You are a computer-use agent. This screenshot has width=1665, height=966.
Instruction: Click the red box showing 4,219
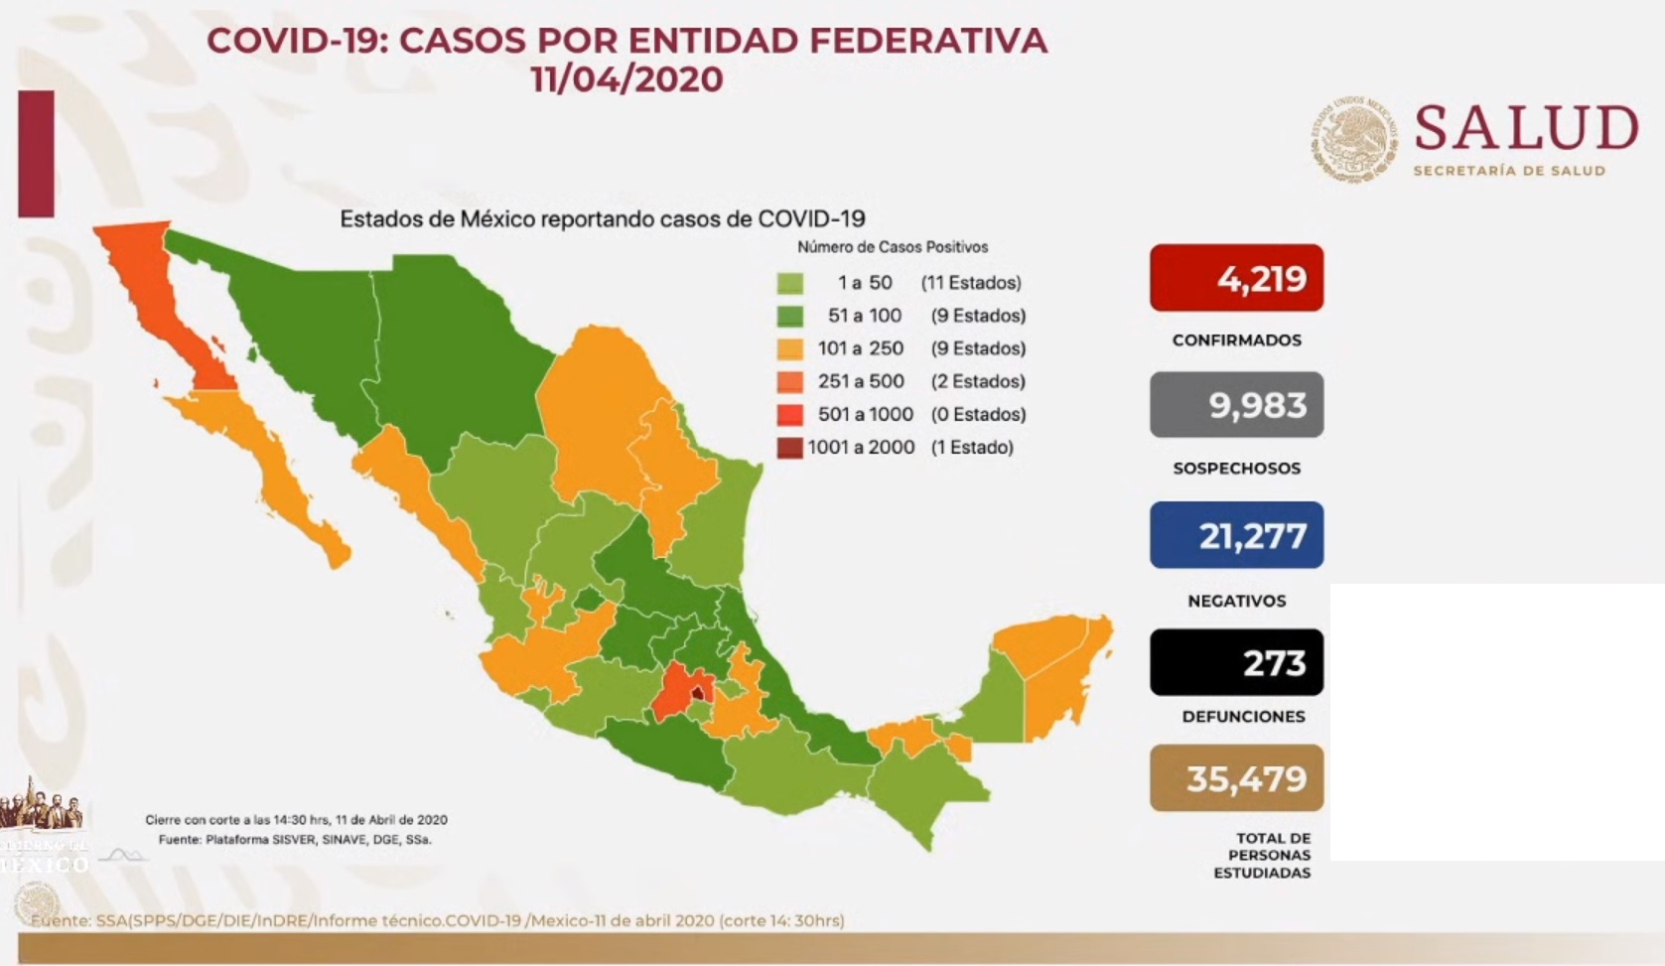[1236, 278]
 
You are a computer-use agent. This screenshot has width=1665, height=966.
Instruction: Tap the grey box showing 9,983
[1236, 405]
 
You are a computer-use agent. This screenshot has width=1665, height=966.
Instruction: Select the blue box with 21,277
[1236, 535]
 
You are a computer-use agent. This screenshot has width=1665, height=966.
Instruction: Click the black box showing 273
[1236, 662]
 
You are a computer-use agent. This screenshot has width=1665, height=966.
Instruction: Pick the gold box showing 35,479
[1236, 778]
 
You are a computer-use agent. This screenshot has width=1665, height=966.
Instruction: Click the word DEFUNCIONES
[1243, 717]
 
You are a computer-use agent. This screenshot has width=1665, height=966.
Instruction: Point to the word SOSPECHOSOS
[1236, 469]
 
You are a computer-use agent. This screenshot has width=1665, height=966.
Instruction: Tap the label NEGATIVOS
[1236, 601]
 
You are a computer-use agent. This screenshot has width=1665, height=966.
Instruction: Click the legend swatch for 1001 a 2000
[789, 448]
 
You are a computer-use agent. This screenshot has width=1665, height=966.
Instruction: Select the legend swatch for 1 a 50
[789, 283]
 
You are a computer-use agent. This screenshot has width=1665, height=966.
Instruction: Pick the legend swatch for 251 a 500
[789, 381]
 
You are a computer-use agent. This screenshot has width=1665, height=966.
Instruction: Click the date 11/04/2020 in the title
[626, 79]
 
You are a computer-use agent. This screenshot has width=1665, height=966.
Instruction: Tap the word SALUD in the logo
[1525, 129]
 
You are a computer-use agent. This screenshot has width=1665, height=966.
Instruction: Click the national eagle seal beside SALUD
[1352, 140]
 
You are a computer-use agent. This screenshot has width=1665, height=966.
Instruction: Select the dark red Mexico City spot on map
[699, 693]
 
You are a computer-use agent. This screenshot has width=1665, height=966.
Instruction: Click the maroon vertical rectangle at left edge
[36, 153]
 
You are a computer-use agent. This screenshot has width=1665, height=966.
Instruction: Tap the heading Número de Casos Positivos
[892, 247]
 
